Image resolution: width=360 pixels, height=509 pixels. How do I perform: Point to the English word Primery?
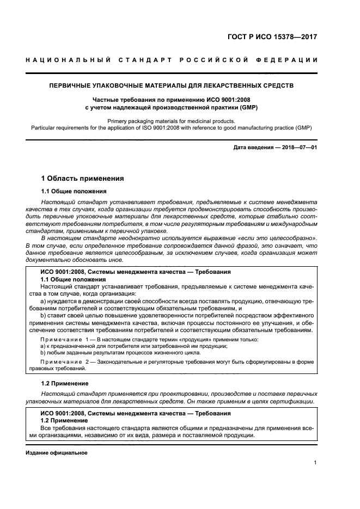pos(119,121)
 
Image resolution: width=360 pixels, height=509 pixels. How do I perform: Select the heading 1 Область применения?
pos(83,178)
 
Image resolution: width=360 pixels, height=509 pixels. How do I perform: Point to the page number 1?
pos(315,463)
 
